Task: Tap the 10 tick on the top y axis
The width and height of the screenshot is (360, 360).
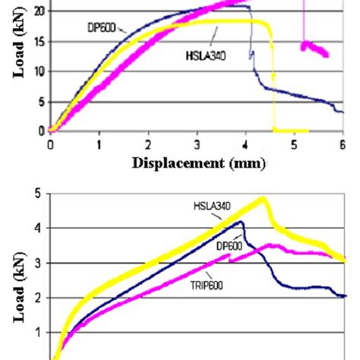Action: (x=39, y=71)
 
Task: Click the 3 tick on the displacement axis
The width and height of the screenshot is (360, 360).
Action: (x=197, y=143)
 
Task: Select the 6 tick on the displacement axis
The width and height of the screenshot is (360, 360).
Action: (x=343, y=143)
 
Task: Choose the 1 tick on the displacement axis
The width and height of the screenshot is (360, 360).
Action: (x=99, y=143)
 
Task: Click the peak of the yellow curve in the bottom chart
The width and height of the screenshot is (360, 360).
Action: (x=263, y=199)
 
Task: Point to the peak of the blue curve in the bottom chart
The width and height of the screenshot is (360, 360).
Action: (x=241, y=222)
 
